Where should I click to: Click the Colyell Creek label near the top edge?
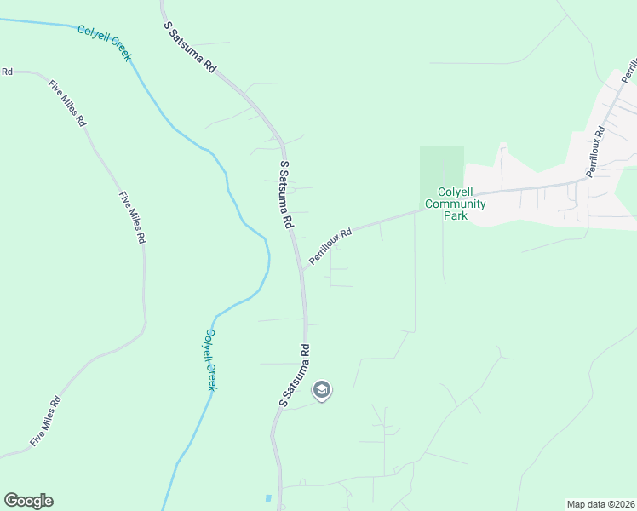point(105,43)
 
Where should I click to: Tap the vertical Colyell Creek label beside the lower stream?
point(210,359)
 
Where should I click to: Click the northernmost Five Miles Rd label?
point(68,104)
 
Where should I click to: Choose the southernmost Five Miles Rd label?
point(45,422)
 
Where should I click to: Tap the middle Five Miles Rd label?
point(132,218)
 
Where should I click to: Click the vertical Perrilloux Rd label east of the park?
point(595,152)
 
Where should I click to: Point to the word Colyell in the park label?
point(455,192)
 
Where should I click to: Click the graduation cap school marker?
point(322,391)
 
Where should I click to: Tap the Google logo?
point(29,501)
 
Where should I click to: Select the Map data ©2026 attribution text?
point(600,504)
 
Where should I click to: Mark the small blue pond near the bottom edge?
point(268,497)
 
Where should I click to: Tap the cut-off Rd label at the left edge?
point(6,72)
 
